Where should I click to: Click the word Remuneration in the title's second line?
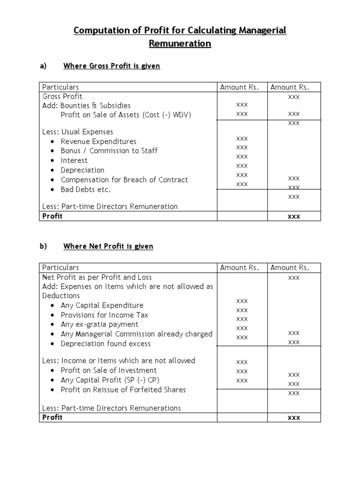click(180, 44)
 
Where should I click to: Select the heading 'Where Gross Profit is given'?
click(112, 66)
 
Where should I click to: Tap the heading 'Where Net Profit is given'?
click(108, 246)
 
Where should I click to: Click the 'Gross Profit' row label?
click(62, 96)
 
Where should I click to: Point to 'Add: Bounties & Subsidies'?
click(86, 105)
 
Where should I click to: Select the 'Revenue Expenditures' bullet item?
click(98, 142)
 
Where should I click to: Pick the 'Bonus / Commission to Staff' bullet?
click(109, 151)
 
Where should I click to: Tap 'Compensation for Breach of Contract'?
click(124, 180)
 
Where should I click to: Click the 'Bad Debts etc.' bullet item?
click(85, 189)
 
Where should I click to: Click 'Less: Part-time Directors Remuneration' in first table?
click(110, 206)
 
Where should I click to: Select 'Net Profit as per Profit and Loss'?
click(97, 277)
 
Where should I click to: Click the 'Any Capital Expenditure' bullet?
click(102, 306)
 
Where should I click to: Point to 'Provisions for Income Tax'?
click(105, 315)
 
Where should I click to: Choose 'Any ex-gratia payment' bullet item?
click(99, 324)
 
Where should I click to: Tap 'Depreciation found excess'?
click(105, 344)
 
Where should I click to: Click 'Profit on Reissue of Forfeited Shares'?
click(123, 390)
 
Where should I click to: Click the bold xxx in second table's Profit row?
click(293, 418)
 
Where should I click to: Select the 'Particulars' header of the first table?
click(60, 87)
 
